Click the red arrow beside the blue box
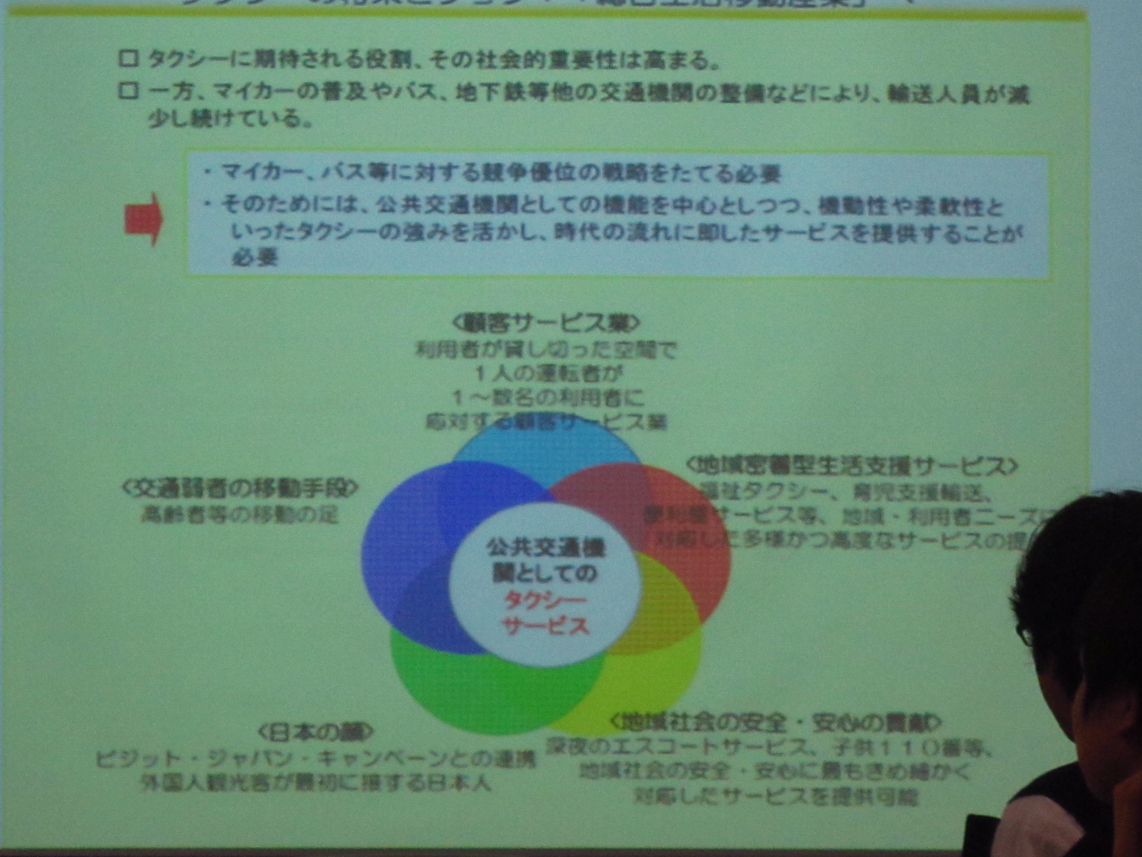pyautogui.click(x=143, y=219)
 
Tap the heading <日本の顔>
pyautogui.click(x=315, y=732)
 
